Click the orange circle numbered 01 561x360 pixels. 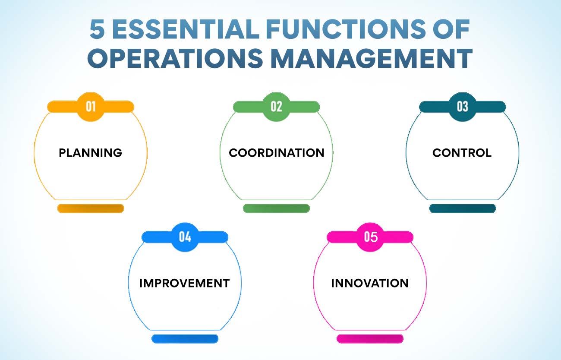pyautogui.click(x=91, y=107)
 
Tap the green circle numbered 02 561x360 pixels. pyautogui.click(x=276, y=107)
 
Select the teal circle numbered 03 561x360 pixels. pyautogui.click(x=462, y=107)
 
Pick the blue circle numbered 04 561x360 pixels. pyautogui.click(x=185, y=237)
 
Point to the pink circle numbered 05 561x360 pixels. pyautogui.click(x=370, y=237)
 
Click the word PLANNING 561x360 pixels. pyautogui.click(x=91, y=153)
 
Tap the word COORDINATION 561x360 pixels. pyautogui.click(x=277, y=153)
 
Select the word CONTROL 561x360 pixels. pyautogui.click(x=462, y=153)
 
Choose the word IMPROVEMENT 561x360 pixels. pyautogui.click(x=185, y=283)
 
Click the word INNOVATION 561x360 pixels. pyautogui.click(x=370, y=283)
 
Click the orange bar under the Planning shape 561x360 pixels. pyautogui.click(x=91, y=208)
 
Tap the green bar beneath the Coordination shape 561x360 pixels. pyautogui.click(x=276, y=208)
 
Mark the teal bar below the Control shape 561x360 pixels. pyautogui.click(x=463, y=208)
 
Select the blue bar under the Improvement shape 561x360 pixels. pyautogui.click(x=185, y=339)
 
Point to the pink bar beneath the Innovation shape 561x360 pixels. pyautogui.click(x=370, y=339)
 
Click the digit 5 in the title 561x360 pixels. pyautogui.click(x=97, y=29)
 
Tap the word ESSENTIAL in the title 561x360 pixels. pyautogui.click(x=186, y=29)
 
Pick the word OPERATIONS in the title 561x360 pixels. pyautogui.click(x=175, y=58)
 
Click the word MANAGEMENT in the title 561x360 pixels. pyautogui.click(x=372, y=58)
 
